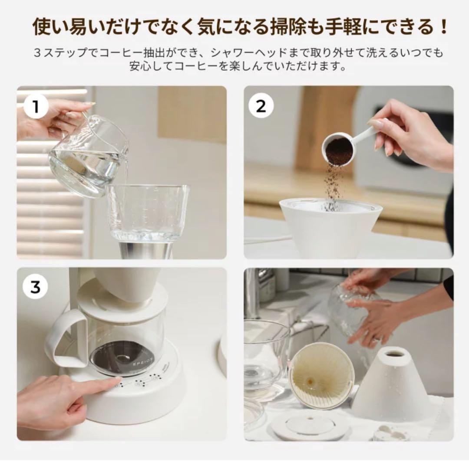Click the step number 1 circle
(x=35, y=106)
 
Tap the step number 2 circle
(x=261, y=106)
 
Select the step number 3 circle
(x=35, y=287)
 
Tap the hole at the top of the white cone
(x=395, y=354)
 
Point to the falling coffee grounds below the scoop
(x=334, y=187)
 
